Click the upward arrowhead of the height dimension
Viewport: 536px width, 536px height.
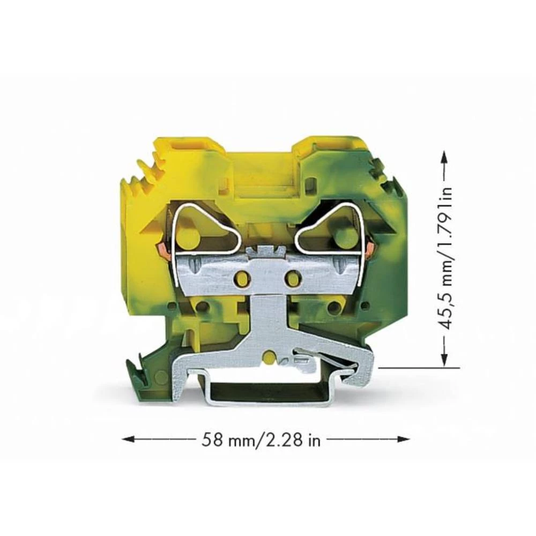444,155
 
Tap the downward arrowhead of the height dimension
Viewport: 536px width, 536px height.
444,361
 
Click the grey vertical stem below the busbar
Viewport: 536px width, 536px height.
266,322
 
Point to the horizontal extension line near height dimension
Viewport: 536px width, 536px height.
418,368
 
